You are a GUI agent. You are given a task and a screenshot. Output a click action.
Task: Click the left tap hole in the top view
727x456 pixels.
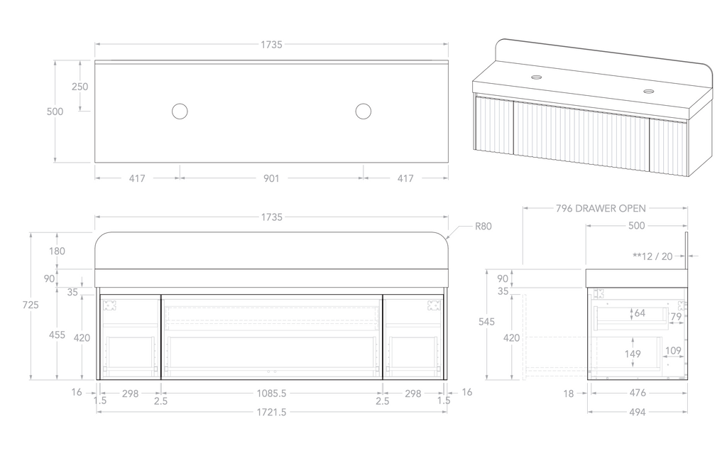point(180,111)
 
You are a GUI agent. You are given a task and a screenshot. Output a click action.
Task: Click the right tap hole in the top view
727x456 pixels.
point(363,111)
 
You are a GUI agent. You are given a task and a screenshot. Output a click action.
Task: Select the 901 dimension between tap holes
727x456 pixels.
point(271,179)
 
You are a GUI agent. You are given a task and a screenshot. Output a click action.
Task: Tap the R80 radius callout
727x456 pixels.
point(483,227)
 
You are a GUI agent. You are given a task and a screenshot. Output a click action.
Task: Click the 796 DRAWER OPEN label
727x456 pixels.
point(601,209)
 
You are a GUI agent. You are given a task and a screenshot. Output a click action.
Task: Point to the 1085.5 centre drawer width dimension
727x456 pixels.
point(271,393)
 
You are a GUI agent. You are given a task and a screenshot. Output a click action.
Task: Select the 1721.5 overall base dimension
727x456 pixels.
point(271,412)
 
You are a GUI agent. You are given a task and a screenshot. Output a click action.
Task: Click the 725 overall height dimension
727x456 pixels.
point(31,305)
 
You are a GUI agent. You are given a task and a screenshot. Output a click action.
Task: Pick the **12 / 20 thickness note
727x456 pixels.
point(652,256)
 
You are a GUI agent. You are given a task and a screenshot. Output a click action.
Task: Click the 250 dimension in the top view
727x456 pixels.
point(80,87)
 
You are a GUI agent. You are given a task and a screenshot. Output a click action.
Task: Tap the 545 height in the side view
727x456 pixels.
point(486,322)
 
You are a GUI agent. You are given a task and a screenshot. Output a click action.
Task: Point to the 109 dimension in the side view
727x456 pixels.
point(674,350)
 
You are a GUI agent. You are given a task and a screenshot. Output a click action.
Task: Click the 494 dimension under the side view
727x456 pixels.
point(636,412)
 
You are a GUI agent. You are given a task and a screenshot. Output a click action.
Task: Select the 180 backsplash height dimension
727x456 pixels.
point(58,251)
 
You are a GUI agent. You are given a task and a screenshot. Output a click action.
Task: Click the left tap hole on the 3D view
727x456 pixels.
point(537,77)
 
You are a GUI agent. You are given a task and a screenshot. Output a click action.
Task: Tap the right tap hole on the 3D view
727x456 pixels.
point(649,91)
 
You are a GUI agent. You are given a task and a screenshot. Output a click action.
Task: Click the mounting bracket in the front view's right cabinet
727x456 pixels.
point(433,305)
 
